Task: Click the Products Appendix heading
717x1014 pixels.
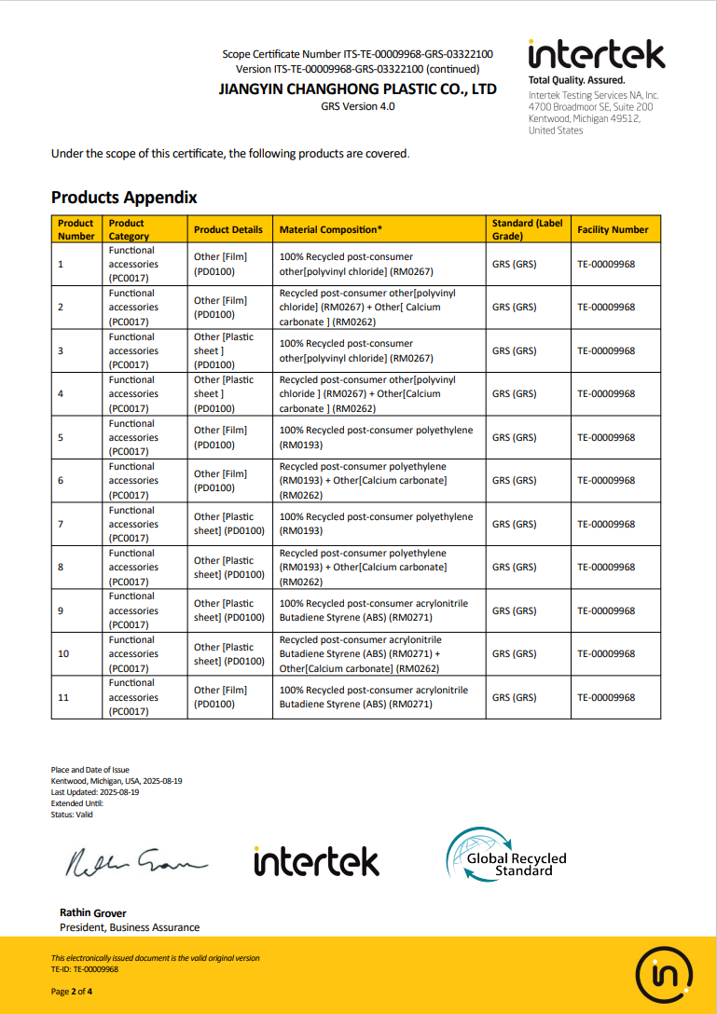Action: coord(124,198)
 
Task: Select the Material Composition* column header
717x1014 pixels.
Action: coord(331,229)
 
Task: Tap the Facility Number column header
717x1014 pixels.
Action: coord(613,229)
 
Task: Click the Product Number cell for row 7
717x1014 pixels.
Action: coord(61,524)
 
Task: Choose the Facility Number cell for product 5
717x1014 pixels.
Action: coord(606,437)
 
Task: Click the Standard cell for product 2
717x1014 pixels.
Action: coord(514,307)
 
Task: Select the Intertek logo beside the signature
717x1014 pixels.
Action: coord(316,861)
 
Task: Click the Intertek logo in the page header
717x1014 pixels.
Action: coord(597,55)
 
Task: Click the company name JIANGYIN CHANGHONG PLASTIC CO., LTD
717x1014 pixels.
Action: coord(357,89)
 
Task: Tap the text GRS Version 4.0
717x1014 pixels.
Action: coord(357,106)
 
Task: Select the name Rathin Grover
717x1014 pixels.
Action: coord(92,912)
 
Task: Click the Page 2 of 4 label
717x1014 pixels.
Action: coord(72,992)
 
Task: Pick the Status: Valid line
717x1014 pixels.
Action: coord(72,815)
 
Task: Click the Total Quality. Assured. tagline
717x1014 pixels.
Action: coord(576,80)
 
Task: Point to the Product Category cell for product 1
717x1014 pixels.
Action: coord(132,264)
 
